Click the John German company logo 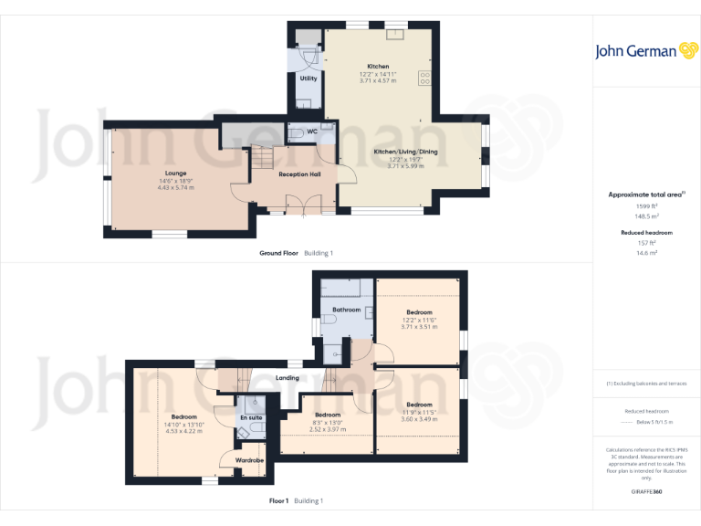point(646,51)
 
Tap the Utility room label point(309,79)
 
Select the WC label point(312,131)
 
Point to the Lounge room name point(176,173)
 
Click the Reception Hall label point(299,174)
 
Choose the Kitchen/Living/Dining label point(405,152)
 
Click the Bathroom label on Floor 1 point(346,310)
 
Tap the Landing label point(288,377)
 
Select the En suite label point(250,417)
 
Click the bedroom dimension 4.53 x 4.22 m point(177,431)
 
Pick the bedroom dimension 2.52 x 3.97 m point(327,428)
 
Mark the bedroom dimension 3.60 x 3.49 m point(419,418)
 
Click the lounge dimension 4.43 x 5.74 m point(176,187)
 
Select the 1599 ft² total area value point(646,207)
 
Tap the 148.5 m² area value point(646,217)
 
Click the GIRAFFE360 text point(646,491)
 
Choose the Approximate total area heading point(646,195)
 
